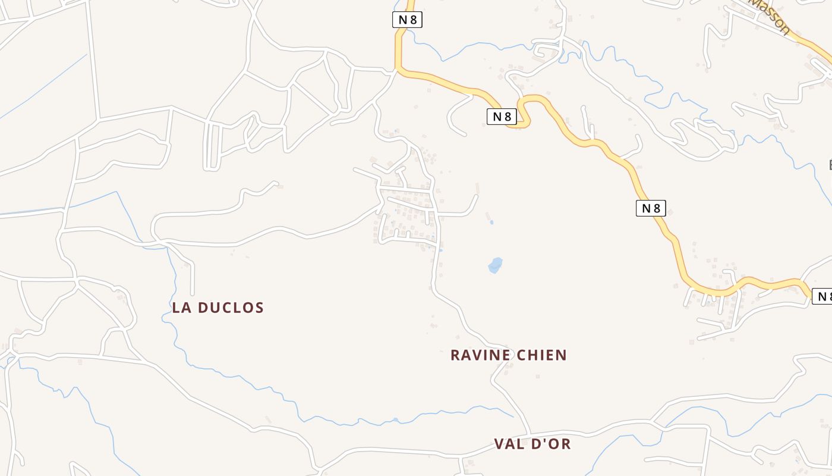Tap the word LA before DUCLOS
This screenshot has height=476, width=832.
pos(182,308)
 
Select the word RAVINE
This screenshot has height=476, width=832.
pos(480,355)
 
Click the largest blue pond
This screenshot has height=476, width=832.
pos(495,265)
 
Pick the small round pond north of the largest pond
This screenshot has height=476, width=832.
pos(491,223)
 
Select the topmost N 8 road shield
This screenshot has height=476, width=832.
pos(407,20)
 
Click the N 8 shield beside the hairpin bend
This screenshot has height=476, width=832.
pos(502,117)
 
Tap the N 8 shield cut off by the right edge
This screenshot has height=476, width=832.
pos(822,296)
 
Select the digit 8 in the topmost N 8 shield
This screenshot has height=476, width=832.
pos(413,20)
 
